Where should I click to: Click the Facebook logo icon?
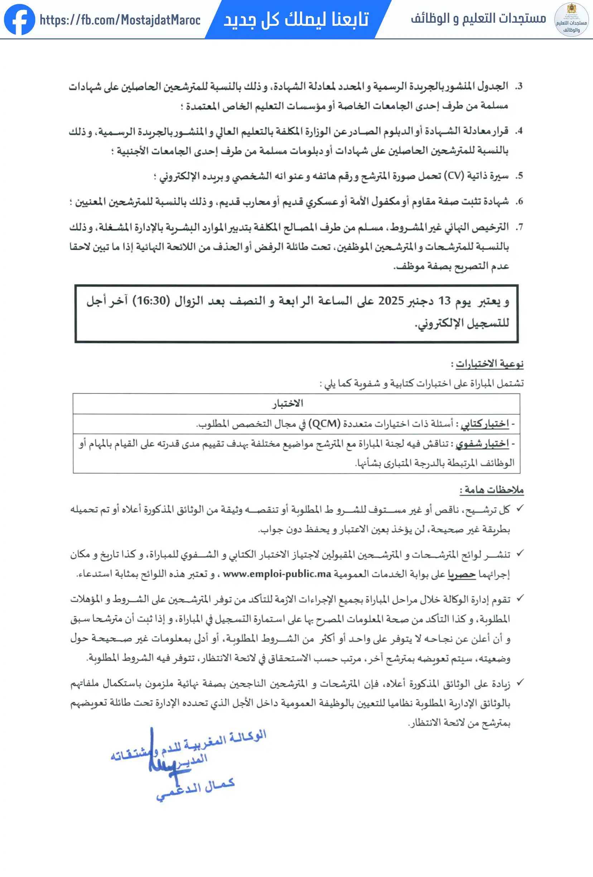(20, 20)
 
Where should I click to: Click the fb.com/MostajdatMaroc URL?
(120, 20)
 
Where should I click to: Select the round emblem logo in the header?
(571, 20)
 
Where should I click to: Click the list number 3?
(519, 86)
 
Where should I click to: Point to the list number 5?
(519, 176)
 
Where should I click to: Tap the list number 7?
(519, 227)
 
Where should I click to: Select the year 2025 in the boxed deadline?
(391, 301)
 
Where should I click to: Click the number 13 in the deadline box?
(444, 301)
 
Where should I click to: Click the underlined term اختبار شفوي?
(482, 444)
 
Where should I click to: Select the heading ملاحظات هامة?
(491, 490)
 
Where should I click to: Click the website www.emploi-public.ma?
(277, 574)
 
